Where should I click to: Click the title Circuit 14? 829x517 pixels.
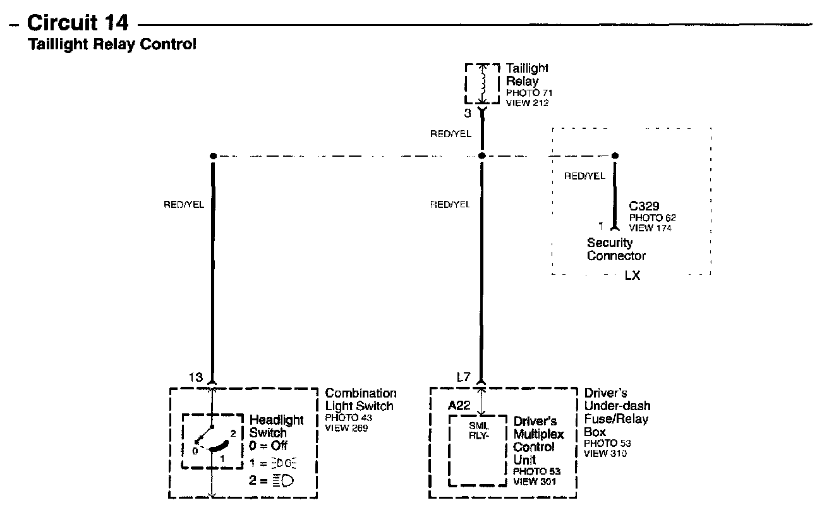click(x=79, y=23)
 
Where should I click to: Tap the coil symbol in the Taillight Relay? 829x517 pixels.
click(x=483, y=83)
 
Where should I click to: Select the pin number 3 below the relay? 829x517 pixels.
click(x=468, y=114)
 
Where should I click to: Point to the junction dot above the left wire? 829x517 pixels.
click(x=213, y=155)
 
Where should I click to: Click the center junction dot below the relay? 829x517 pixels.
click(x=482, y=155)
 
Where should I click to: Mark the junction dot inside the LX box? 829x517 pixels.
click(x=615, y=155)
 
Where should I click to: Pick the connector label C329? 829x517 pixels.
click(x=644, y=207)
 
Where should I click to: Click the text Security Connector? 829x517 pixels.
click(x=616, y=249)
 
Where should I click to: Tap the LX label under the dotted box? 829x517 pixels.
click(x=632, y=276)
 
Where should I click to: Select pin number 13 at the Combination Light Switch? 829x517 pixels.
click(x=196, y=377)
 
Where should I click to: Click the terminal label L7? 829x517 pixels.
click(x=463, y=377)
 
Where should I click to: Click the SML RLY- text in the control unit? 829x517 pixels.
click(x=479, y=430)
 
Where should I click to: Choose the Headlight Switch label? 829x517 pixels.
click(x=276, y=426)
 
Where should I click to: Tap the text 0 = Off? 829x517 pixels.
click(x=269, y=446)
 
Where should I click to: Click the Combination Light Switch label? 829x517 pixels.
click(x=360, y=400)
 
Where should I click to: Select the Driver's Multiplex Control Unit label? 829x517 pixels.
click(x=534, y=441)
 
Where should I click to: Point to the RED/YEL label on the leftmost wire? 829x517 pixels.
click(x=184, y=205)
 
